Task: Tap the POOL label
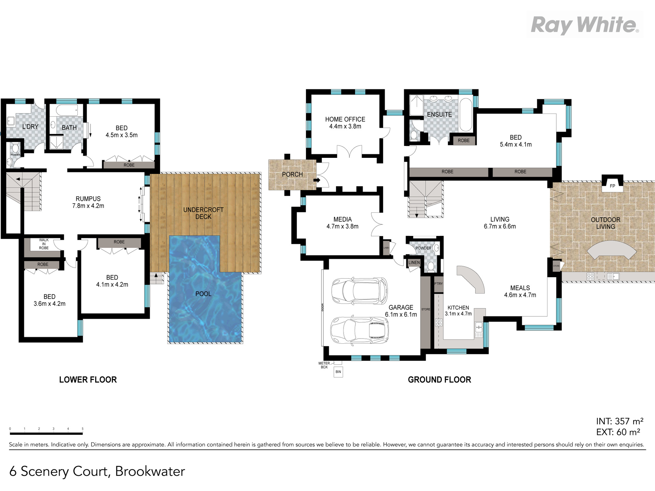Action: pyautogui.click(x=203, y=294)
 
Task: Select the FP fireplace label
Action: pyautogui.click(x=612, y=186)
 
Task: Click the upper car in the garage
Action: pyautogui.click(x=359, y=291)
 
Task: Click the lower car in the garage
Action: pyautogui.click(x=359, y=330)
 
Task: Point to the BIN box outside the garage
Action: pyautogui.click(x=338, y=372)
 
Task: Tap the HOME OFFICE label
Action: pyautogui.click(x=345, y=119)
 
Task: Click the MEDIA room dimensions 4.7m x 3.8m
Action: pyautogui.click(x=342, y=226)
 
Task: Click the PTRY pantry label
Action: pyautogui.click(x=438, y=284)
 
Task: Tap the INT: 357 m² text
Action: pyautogui.click(x=620, y=421)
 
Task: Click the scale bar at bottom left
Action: pyautogui.click(x=46, y=433)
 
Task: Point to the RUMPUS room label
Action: pyautogui.click(x=88, y=199)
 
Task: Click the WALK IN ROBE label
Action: pyautogui.click(x=44, y=244)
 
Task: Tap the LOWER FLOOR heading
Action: pyautogui.click(x=88, y=380)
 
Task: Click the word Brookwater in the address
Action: pyautogui.click(x=150, y=471)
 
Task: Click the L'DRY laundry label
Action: pyautogui.click(x=30, y=127)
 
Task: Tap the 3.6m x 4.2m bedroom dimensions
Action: pyautogui.click(x=49, y=304)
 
